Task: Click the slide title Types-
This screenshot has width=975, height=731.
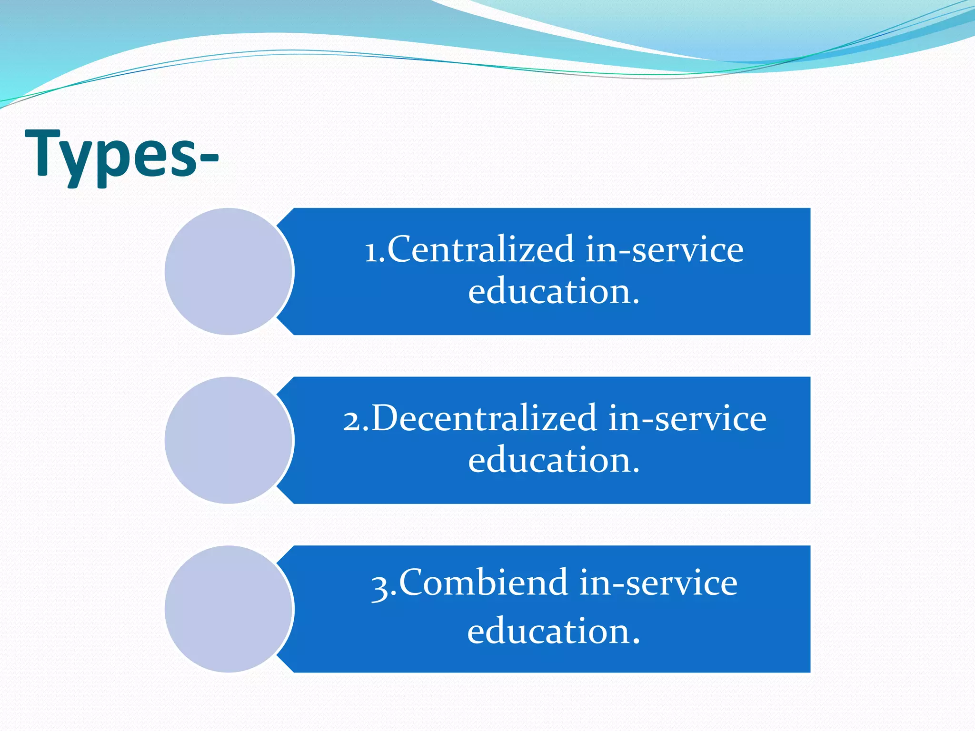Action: point(121,155)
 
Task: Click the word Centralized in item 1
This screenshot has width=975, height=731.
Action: point(481,249)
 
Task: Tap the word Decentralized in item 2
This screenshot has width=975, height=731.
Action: point(484,418)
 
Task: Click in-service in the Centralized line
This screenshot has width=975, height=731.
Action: point(664,249)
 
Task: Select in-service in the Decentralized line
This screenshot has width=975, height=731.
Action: point(687,418)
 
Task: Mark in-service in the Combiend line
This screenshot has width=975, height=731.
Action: point(658,583)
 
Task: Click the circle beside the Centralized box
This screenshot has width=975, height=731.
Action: point(229,271)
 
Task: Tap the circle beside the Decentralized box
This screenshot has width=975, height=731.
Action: point(229,440)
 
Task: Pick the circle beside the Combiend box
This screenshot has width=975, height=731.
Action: point(229,609)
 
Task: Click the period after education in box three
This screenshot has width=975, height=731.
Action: point(636,642)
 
